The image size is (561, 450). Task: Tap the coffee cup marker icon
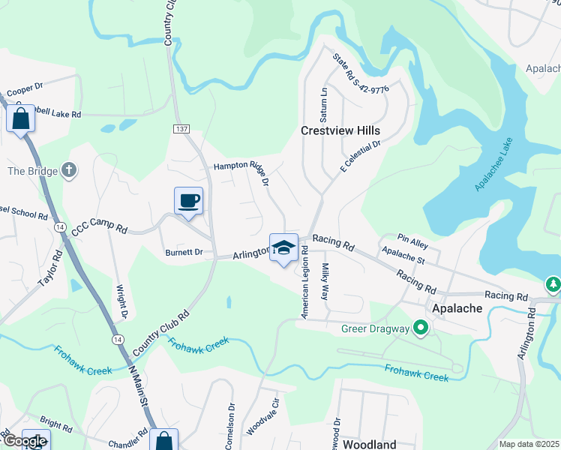point(187,201)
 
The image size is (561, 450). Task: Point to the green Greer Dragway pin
point(421,328)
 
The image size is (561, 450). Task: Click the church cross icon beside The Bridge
point(70,171)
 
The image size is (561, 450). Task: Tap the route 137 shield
point(181,130)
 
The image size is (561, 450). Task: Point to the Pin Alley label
point(412,238)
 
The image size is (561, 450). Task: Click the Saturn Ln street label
point(325,105)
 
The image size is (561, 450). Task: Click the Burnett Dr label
point(184,253)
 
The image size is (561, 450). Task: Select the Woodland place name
point(370,444)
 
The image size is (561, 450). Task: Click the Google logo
point(25,441)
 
